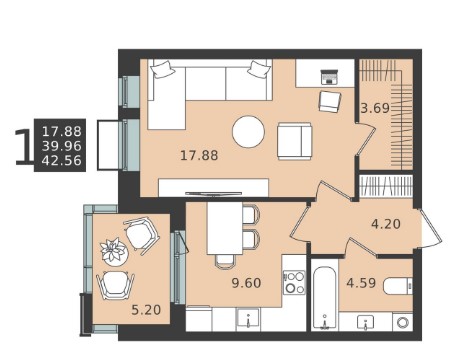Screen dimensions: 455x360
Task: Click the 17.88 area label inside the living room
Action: click(199, 155)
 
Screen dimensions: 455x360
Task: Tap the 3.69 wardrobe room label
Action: click(375, 108)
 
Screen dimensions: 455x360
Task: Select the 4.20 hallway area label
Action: click(386, 224)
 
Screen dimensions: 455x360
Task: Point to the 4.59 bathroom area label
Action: click(361, 283)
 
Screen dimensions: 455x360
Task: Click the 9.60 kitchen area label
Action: click(246, 283)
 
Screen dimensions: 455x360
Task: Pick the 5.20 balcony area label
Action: click(146, 310)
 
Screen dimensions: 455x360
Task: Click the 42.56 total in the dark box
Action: click(62, 161)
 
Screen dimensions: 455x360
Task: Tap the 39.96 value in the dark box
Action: click(62, 146)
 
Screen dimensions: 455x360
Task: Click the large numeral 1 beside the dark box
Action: click(24, 147)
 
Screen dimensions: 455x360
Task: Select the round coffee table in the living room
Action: click(248, 132)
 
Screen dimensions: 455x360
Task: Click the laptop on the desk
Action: click(330, 77)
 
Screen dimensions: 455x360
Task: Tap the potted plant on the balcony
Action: click(114, 251)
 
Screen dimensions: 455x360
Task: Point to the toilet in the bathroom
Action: click(398, 286)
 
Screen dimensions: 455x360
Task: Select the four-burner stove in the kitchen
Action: click(294, 282)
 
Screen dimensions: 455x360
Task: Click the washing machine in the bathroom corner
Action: click(403, 322)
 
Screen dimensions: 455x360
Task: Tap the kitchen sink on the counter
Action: click(248, 319)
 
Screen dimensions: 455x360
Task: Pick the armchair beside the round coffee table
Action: click(295, 141)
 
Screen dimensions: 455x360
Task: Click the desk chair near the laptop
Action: click(330, 102)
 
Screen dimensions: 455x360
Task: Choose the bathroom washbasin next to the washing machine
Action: click(366, 322)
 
